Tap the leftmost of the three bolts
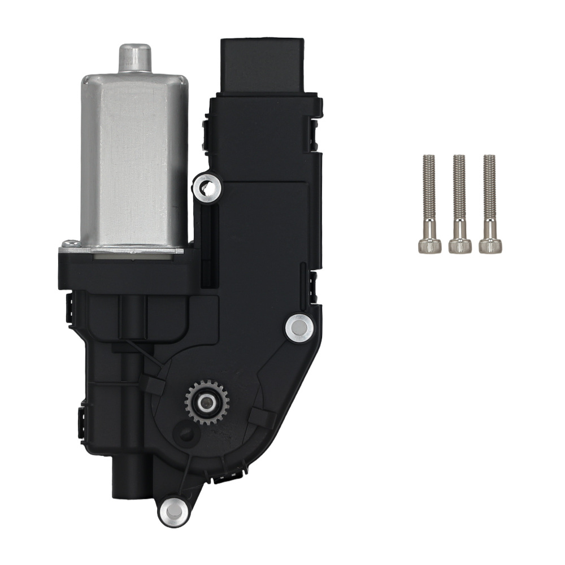[x=429, y=203]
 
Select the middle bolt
[x=459, y=203]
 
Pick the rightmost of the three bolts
[x=489, y=203]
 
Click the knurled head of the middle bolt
[x=459, y=245]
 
